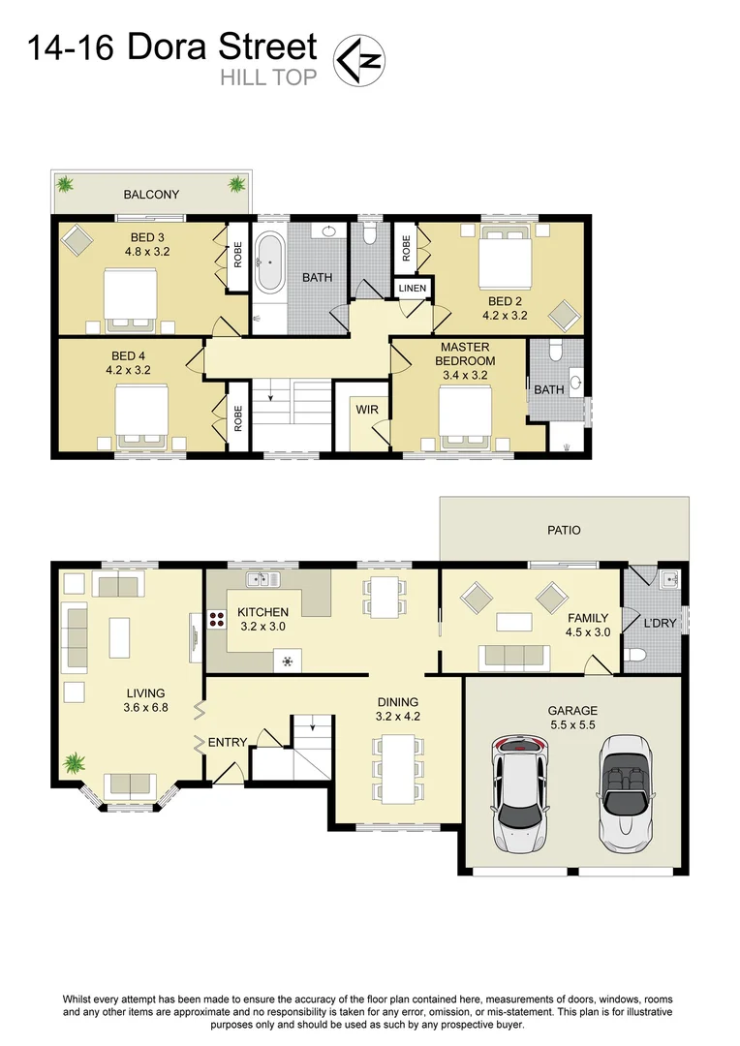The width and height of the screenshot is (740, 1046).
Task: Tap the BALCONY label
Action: [x=152, y=195]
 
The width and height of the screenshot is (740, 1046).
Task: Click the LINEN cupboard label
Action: [x=410, y=289]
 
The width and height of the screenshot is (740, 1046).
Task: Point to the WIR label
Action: [x=367, y=410]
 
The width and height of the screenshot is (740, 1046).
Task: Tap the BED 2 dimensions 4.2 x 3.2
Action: [x=506, y=315]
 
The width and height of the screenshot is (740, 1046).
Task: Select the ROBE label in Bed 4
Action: [x=236, y=416]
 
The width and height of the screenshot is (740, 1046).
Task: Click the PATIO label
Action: [x=564, y=530]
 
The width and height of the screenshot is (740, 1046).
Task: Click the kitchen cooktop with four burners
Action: [x=208, y=623]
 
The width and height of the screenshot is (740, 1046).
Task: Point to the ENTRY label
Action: [x=229, y=742]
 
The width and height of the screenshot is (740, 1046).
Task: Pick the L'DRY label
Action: [x=660, y=623]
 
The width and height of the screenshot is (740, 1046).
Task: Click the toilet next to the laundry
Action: [x=636, y=660]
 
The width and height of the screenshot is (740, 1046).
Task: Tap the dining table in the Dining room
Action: [x=397, y=770]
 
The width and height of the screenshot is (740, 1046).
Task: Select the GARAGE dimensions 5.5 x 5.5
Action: [x=572, y=725]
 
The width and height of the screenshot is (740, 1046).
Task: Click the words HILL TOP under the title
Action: [x=268, y=78]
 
